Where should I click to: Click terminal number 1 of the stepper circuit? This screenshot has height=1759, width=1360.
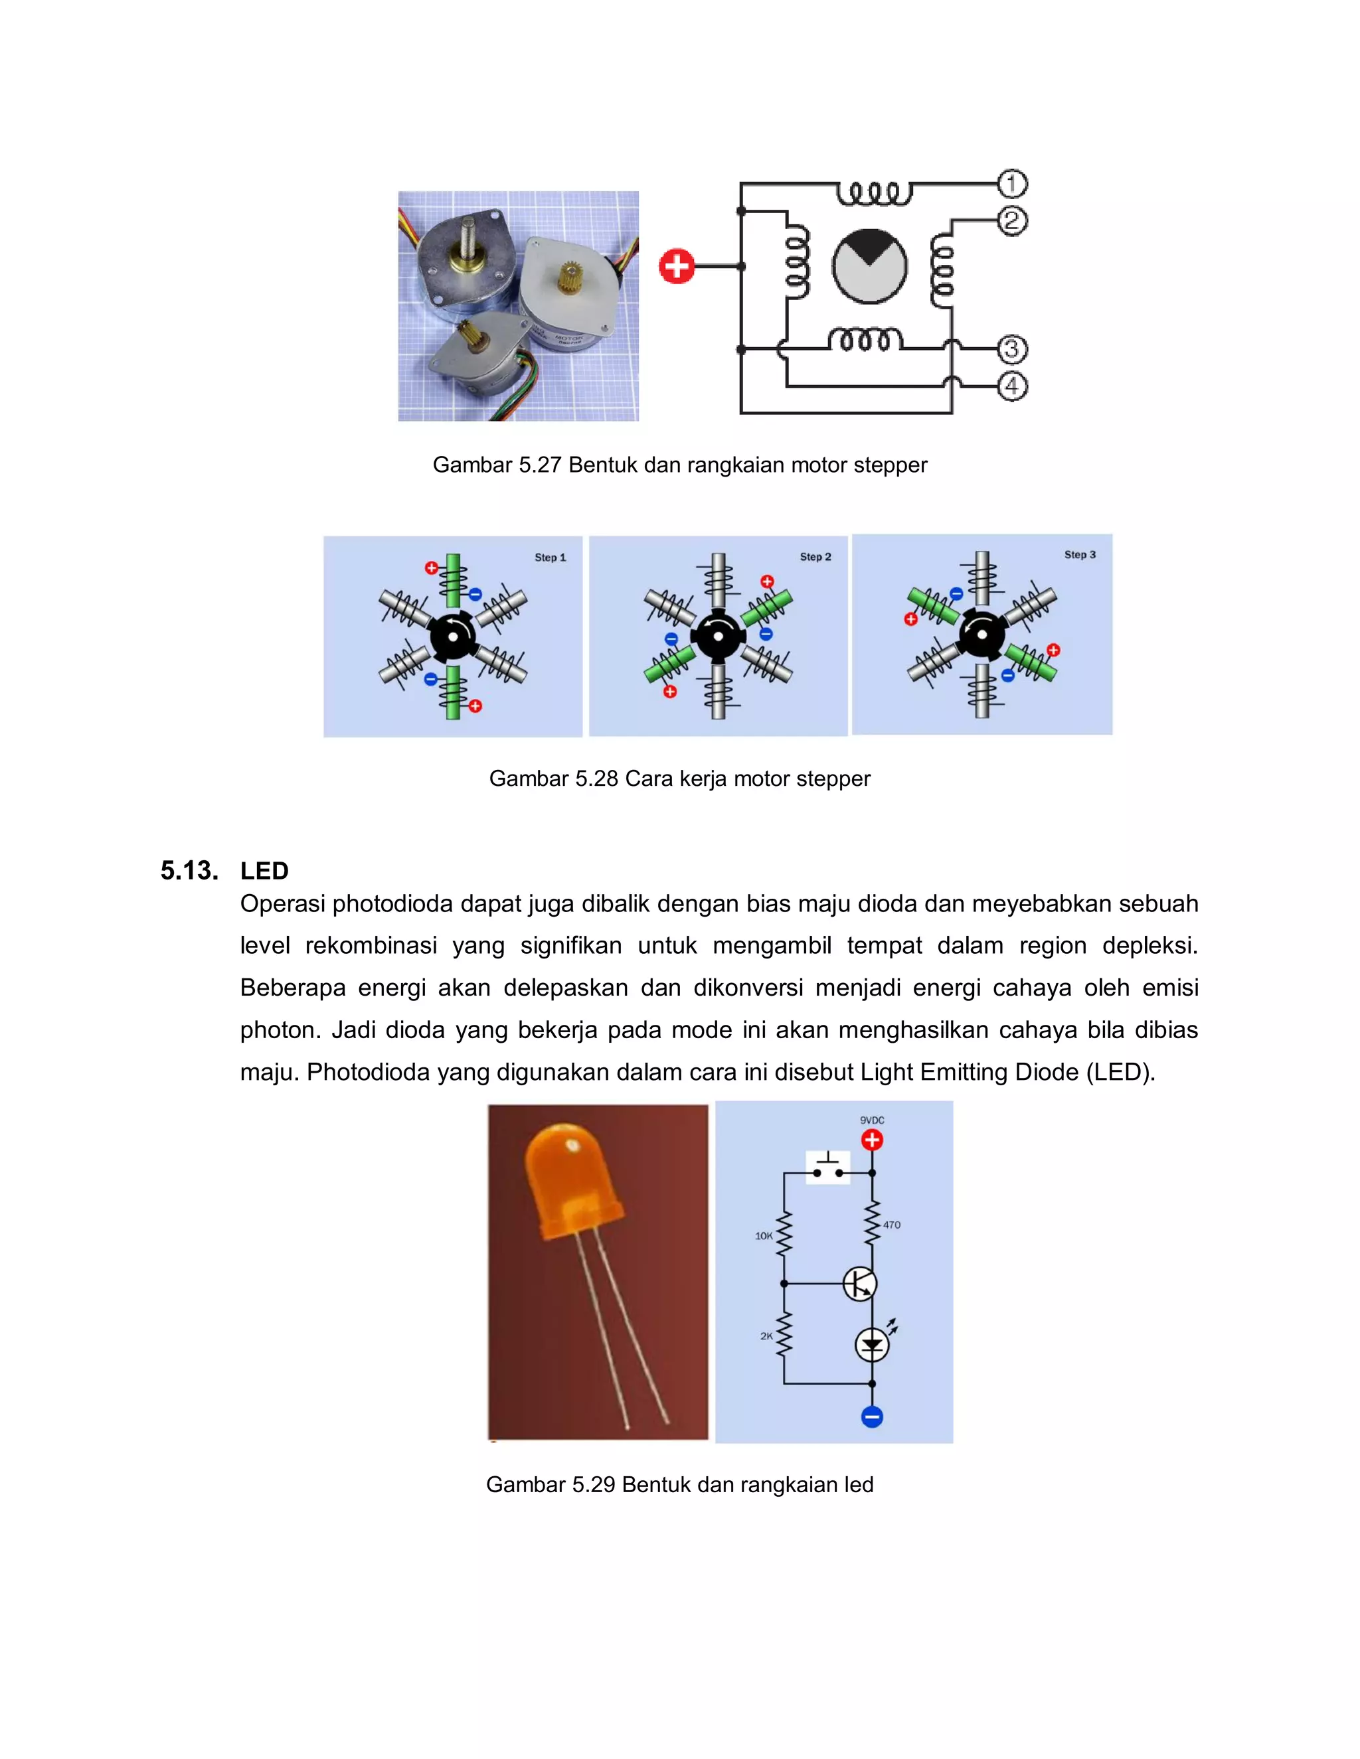pos(1012,184)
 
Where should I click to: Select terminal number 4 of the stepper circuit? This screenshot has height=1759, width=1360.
pos(1012,386)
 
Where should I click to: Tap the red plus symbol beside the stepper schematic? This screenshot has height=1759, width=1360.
pos(677,266)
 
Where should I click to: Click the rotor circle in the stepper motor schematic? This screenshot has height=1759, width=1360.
pos(869,266)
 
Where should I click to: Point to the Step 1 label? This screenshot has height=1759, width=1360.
pos(551,558)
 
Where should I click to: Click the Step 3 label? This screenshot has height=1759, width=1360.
pos(1080,555)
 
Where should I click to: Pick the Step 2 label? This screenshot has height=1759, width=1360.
pos(815,556)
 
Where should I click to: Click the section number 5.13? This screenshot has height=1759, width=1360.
pos(189,871)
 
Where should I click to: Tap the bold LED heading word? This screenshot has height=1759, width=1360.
pos(264,871)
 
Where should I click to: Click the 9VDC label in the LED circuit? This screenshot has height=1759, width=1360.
pos(872,1120)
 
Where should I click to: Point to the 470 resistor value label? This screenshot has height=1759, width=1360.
pos(891,1225)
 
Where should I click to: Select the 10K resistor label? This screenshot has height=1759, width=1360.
pos(764,1235)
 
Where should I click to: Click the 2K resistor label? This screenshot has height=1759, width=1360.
pos(766,1336)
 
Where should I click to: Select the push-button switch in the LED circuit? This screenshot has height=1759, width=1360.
pos(828,1167)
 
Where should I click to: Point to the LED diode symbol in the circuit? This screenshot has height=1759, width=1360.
pos(872,1345)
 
